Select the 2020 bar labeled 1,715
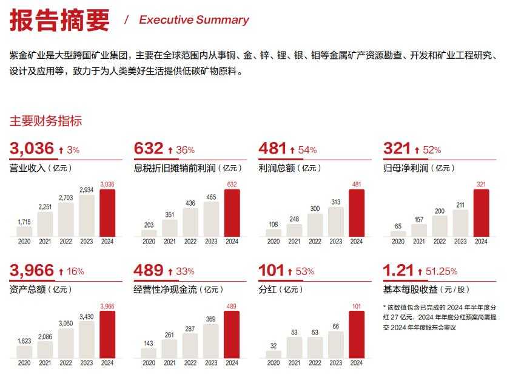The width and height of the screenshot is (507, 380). (25, 231)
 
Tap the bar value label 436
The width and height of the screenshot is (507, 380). (190, 203)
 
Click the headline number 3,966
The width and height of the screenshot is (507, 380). (32, 270)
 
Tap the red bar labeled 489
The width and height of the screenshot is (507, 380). (232, 334)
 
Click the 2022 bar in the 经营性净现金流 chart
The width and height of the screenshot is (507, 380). (190, 345)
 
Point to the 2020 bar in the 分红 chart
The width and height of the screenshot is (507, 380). (274, 355)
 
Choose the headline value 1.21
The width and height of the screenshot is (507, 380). (399, 270)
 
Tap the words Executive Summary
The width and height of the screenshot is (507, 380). (194, 20)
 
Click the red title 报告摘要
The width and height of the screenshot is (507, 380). (59, 20)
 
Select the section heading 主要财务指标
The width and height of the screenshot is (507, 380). (45, 121)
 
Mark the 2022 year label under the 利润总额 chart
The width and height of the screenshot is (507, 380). (315, 242)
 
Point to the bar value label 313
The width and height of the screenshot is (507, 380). (336, 202)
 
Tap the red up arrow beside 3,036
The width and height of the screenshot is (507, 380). (61, 150)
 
